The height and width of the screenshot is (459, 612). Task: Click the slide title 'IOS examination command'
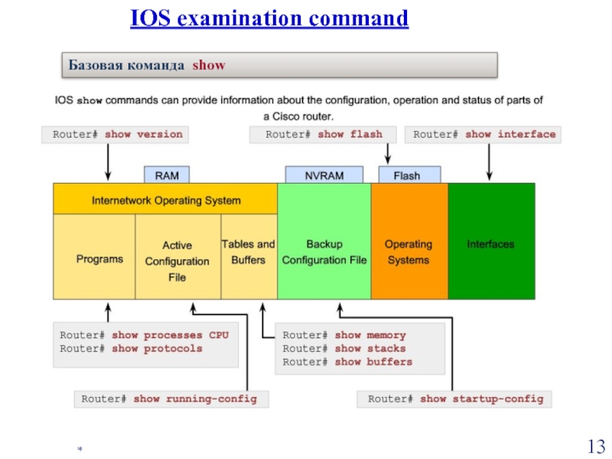(x=269, y=18)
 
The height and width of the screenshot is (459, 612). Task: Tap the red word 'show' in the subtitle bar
(x=209, y=65)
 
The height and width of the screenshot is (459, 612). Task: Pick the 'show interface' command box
(x=484, y=135)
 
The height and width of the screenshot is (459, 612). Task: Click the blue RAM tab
(x=167, y=175)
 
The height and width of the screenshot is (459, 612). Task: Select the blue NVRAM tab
(x=324, y=175)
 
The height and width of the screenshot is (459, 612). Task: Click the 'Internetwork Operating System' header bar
(x=165, y=200)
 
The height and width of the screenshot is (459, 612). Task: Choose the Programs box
(x=99, y=259)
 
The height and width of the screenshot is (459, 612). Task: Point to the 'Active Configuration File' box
(x=177, y=261)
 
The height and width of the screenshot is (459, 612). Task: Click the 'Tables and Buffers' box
(x=248, y=252)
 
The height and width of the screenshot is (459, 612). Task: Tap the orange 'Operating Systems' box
(x=409, y=252)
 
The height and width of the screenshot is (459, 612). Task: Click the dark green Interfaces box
(x=490, y=245)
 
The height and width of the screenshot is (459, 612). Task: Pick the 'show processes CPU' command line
(x=144, y=336)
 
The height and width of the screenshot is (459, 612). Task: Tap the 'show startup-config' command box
(x=455, y=399)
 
